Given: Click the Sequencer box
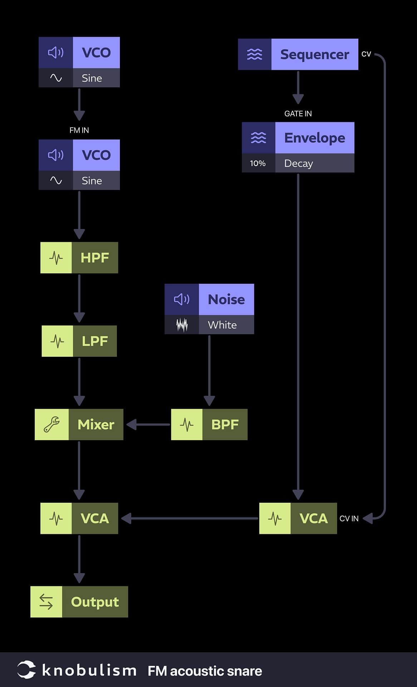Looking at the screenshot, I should tap(298, 54).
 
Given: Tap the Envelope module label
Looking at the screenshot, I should tap(314, 138).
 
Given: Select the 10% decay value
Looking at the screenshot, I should tap(258, 164).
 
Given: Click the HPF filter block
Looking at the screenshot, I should tap(79, 258).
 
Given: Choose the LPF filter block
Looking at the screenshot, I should tap(79, 341).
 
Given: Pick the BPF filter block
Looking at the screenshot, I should tap(209, 424).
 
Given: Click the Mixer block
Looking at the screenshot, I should tap(79, 424).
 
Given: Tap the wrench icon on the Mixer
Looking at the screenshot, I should tap(51, 424).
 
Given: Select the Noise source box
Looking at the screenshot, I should tap(209, 299).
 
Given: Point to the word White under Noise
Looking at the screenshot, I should tap(222, 325).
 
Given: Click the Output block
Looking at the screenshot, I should tap(79, 602).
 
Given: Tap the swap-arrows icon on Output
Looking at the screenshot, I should tap(46, 602).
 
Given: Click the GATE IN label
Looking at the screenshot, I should tap(298, 114).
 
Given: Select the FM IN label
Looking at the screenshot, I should tap(79, 130).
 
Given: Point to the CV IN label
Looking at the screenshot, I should tap(349, 518).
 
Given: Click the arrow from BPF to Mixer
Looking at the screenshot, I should tap(147, 424).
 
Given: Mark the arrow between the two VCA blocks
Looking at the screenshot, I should tap(190, 518).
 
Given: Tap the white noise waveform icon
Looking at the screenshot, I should tap(182, 325).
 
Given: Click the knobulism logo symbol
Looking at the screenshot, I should tap(26, 670).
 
